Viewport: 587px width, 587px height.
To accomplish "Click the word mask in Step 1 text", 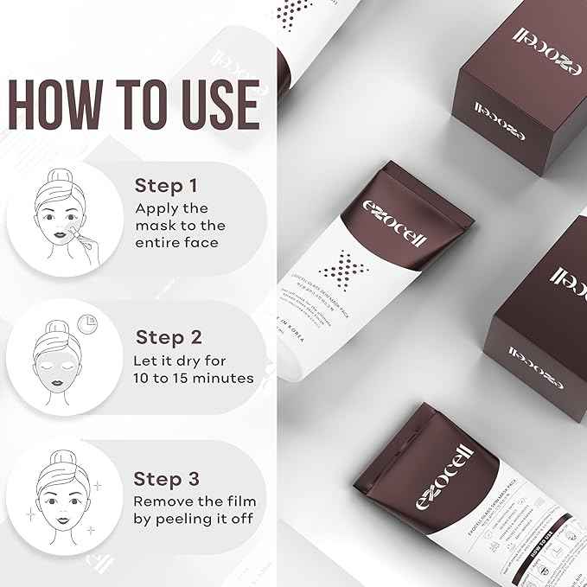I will (157, 226).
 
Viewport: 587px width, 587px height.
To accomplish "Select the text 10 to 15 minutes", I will (194, 378).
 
